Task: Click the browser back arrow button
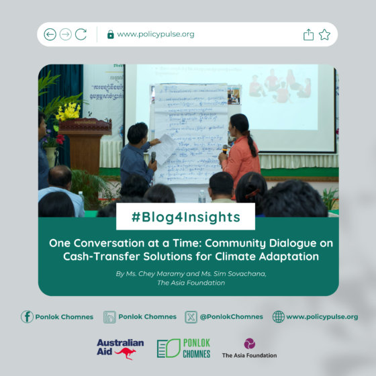click(x=50, y=34)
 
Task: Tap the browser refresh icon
click(x=81, y=34)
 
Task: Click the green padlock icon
click(x=111, y=34)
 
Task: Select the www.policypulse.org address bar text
click(x=155, y=34)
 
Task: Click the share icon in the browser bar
click(x=308, y=34)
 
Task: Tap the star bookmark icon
click(x=325, y=34)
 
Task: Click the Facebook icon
click(x=27, y=316)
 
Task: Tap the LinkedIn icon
click(x=110, y=316)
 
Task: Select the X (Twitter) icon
click(x=191, y=316)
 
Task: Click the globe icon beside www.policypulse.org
click(x=279, y=316)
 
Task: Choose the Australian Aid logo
click(x=120, y=348)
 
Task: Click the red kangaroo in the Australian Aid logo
click(x=126, y=353)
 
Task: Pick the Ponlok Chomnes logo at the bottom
click(x=183, y=348)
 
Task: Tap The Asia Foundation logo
click(x=249, y=348)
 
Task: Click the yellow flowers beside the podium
click(x=67, y=111)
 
